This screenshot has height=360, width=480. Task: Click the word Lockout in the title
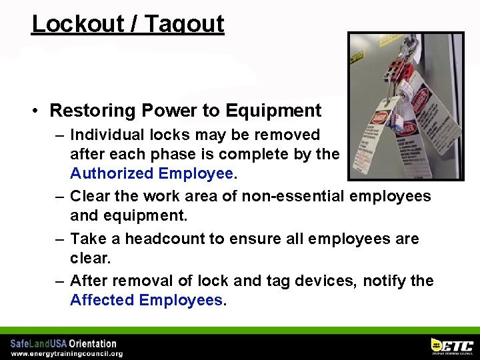(69, 24)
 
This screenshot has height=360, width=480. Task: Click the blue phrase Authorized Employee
(152, 174)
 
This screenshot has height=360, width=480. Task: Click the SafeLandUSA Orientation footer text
(63, 343)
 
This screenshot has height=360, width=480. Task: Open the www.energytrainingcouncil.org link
(66, 353)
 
